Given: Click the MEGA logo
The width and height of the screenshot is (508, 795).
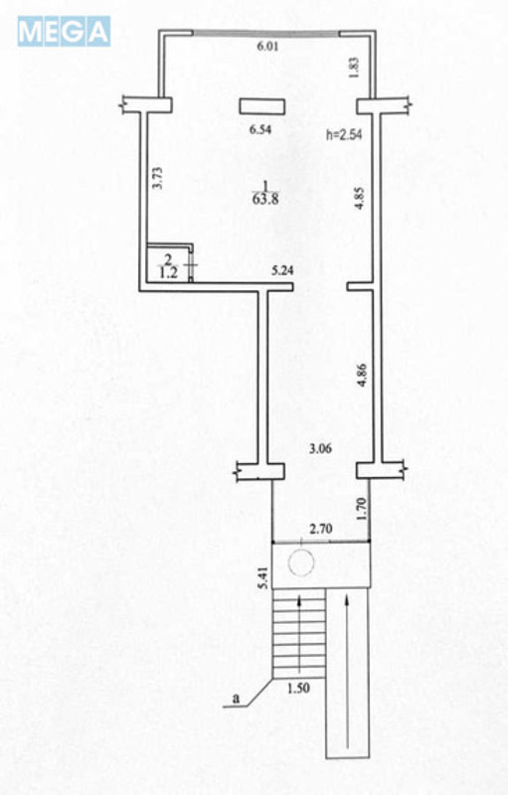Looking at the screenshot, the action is coord(64,32).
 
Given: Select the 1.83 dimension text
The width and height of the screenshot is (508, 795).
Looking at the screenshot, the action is coord(354,67).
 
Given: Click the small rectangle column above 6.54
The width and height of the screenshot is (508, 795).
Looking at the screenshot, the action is coord(262,106).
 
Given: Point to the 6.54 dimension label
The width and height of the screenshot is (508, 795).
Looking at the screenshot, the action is coord(260,130).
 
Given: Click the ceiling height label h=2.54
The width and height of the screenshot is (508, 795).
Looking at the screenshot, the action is coord(344,135).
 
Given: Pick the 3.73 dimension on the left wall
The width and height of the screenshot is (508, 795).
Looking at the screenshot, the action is coord(158,179).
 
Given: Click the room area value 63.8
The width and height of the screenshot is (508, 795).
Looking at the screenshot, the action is coord(265,199).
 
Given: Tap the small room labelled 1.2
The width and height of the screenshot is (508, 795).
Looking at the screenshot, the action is coord(168,263).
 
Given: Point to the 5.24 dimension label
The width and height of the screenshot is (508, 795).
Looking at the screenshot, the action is coord(282,271).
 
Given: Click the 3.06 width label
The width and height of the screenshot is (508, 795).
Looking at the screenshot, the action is coord(320,449).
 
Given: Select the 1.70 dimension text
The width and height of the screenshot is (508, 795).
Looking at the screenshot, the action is coord(361,509).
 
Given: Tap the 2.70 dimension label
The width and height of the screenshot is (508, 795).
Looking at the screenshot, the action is coord(320,530).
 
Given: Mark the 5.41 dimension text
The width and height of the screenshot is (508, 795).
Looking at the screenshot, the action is coord(262,577).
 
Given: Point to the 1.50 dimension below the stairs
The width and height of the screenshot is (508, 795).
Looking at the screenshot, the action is coord(298,689).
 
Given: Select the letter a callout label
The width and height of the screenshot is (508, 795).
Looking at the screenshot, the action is coord(236,699).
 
